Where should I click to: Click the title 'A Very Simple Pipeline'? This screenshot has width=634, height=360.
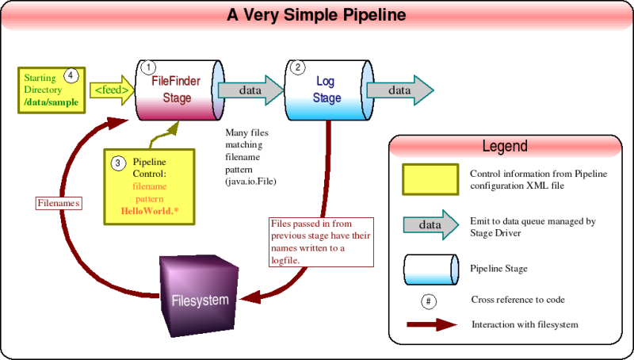(316, 14)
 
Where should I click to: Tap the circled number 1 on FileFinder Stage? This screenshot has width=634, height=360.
(148, 68)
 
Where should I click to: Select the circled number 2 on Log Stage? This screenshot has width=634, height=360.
(298, 68)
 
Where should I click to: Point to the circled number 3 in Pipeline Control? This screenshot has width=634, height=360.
(117, 163)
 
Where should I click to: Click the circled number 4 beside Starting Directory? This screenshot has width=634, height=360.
(71, 76)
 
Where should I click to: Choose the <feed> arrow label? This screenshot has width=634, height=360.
(112, 90)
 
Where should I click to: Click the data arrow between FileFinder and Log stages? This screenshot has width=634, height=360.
(250, 90)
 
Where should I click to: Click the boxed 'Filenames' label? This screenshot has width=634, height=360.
(59, 203)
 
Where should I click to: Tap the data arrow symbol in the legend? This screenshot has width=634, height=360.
(431, 224)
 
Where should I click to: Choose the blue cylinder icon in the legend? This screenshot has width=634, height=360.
(431, 268)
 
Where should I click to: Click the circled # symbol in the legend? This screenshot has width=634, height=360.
(430, 301)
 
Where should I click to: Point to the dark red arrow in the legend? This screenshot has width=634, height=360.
(431, 324)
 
